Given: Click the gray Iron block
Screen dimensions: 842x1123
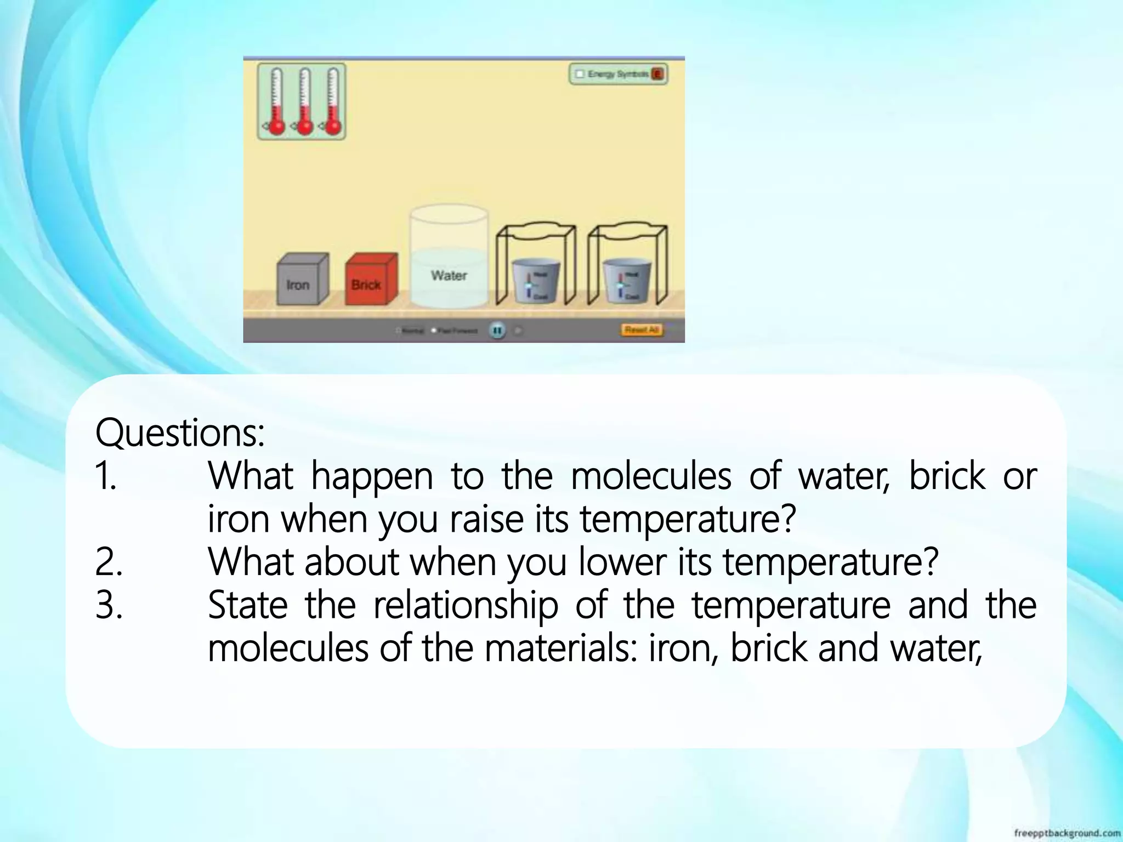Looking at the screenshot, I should click(x=301, y=281).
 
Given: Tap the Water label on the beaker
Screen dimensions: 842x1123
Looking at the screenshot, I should click(x=449, y=275).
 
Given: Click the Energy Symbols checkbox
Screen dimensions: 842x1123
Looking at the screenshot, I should click(x=580, y=74).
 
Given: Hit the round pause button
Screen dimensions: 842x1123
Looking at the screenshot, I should click(x=497, y=331).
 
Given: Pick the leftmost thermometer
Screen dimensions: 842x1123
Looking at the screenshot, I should click(x=277, y=102).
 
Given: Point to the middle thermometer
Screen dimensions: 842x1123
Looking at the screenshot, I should click(x=305, y=102).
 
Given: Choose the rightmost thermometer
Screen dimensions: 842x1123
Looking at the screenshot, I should click(x=333, y=102).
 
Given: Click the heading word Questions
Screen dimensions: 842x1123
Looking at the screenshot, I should click(x=180, y=433).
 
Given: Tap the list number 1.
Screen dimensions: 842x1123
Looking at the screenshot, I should click(x=106, y=476).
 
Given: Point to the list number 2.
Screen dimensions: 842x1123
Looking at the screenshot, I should click(x=109, y=562).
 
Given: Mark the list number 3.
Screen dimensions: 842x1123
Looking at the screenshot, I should click(x=109, y=605).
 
